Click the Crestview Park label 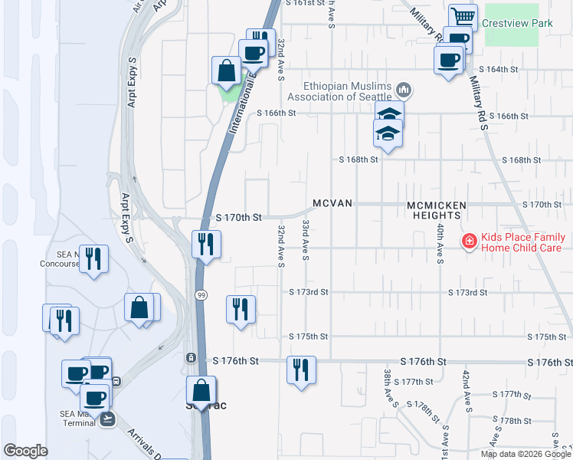pos(517,24)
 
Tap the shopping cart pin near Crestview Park pos(462,17)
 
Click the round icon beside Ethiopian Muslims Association pos(404,91)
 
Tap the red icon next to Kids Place pos(467,242)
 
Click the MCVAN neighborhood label pos(332,204)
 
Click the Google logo pos(25,450)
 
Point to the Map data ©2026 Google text pos(526,454)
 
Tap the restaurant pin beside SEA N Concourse pos(93,258)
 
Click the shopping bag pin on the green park pos(227,71)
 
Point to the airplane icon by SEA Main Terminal pos(106,418)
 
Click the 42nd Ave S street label pos(465,388)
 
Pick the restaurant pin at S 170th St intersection pos(206,245)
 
